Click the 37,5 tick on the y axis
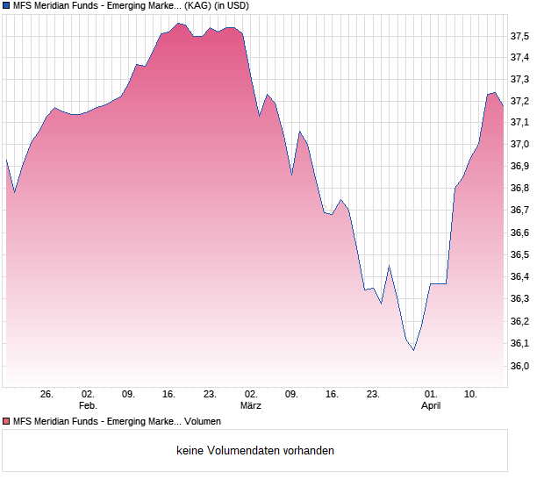click(520, 36)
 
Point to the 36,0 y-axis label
click(520, 366)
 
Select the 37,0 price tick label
click(520, 145)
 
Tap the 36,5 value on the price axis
click(520, 255)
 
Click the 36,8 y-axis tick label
click(520, 189)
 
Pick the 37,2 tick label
click(520, 101)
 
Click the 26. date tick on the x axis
click(47, 395)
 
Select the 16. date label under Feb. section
click(168, 395)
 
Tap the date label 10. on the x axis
click(471, 395)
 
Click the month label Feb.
click(87, 406)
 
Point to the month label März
click(251, 406)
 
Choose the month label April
click(431, 406)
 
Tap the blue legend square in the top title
click(6, 5)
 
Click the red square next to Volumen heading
click(6, 421)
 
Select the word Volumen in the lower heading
click(203, 421)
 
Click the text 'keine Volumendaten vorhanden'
click(255, 451)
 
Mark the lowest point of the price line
click(413, 350)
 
